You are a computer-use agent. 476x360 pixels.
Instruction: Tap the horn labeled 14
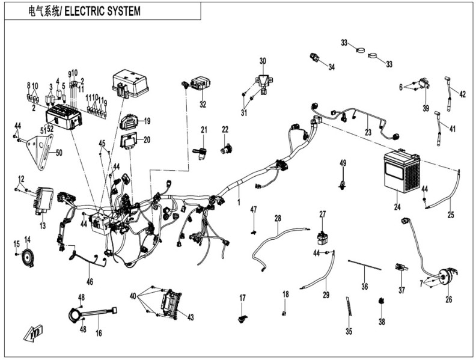26,258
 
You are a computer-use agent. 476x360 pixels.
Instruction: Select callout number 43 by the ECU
191,317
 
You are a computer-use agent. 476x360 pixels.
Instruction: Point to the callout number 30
262,61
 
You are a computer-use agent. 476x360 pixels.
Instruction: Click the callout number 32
203,105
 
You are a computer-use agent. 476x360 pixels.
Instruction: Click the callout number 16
98,332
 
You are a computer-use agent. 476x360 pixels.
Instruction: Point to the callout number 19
147,121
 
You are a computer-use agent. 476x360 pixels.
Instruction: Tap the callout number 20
147,139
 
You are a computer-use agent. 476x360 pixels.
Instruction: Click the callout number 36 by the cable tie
364,286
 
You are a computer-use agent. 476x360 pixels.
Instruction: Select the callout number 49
343,163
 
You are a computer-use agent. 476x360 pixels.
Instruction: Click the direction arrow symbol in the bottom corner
32,333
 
